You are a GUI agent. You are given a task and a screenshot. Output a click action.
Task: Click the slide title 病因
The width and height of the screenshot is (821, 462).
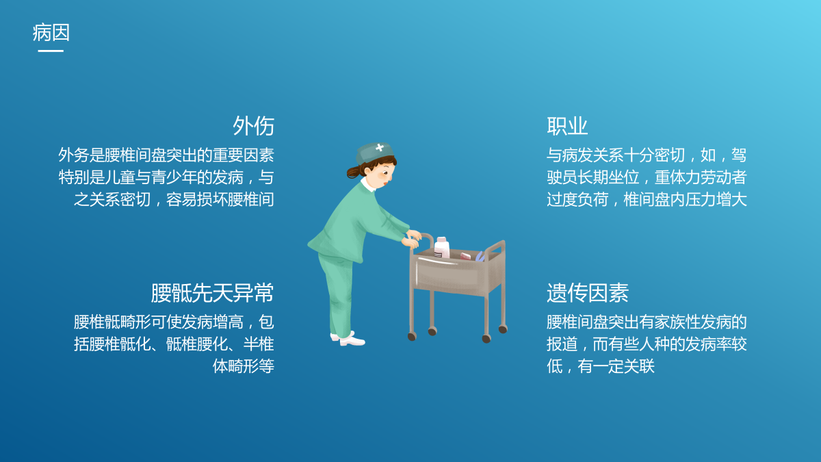[51, 32]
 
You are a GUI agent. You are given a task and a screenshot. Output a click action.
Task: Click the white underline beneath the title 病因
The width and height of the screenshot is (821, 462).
[51, 51]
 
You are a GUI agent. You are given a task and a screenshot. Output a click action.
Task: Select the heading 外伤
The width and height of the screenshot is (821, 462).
[253, 126]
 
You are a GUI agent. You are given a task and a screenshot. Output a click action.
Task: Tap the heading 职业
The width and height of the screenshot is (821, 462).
[567, 126]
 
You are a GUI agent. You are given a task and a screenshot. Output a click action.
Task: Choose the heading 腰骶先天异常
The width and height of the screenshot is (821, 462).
[212, 293]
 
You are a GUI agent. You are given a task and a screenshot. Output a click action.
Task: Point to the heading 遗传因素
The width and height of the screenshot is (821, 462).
[588, 293]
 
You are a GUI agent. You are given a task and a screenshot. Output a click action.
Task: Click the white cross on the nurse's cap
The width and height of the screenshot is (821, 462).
[380, 147]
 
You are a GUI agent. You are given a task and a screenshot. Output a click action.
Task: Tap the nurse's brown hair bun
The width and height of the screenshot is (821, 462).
[354, 172]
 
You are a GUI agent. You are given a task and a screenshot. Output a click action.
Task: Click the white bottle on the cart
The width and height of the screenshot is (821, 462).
[442, 248]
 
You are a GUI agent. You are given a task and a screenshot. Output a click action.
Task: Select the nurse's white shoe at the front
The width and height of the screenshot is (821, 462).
[352, 341]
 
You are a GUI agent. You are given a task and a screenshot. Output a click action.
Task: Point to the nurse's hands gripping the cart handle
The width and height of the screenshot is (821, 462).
[412, 239]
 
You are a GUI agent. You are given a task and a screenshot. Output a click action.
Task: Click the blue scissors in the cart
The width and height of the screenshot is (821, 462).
[480, 256]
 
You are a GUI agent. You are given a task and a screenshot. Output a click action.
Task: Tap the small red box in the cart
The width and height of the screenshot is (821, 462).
[465, 256]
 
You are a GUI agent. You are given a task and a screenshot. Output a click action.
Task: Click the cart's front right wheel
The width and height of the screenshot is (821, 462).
[486, 339]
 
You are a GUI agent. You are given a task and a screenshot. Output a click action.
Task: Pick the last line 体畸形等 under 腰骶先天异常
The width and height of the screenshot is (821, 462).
[244, 366]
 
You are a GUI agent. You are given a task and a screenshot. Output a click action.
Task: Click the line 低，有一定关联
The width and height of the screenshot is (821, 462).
[601, 366]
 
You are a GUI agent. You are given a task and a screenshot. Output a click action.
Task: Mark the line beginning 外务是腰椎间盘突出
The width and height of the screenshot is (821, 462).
[166, 155]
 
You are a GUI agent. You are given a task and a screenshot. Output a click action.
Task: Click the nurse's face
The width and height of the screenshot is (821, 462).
[383, 175]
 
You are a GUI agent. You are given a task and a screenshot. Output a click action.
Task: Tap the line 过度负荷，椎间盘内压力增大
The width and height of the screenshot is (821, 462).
[647, 199]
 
